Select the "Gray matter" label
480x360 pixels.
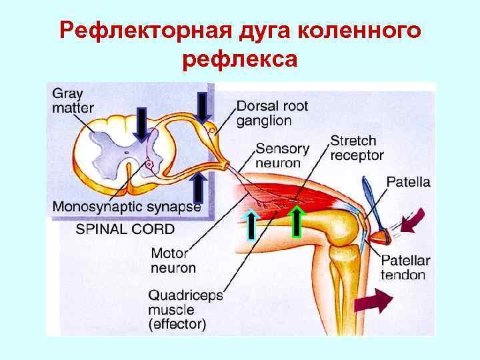(73, 100)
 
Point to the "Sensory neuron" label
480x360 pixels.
(283, 155)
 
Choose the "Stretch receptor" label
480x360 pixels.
(357, 148)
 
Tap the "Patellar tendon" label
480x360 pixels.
(405, 267)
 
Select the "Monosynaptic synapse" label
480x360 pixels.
(127, 207)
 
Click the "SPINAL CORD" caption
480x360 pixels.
(125, 229)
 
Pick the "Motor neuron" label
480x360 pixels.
(173, 261)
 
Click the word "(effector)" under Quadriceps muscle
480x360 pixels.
(177, 325)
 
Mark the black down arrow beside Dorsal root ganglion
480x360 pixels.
(202, 107)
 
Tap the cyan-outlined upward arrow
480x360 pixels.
(250, 223)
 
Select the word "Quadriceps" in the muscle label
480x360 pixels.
(185, 295)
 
